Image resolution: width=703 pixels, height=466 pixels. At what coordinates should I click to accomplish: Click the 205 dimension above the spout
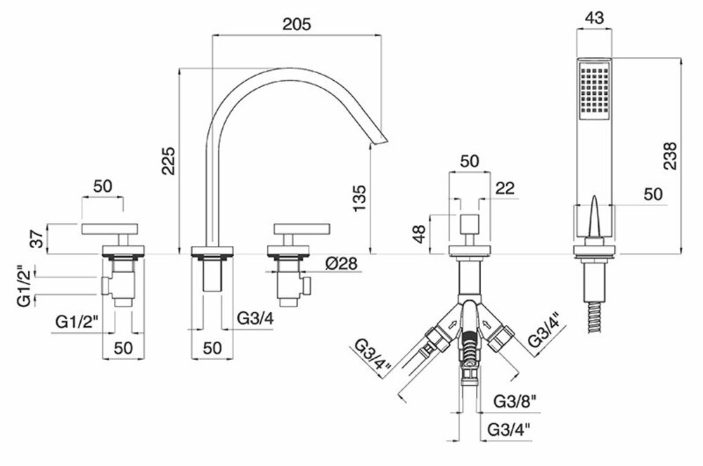tap(298, 23)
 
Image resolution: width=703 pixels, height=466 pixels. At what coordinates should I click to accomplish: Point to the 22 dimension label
tap(505, 188)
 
